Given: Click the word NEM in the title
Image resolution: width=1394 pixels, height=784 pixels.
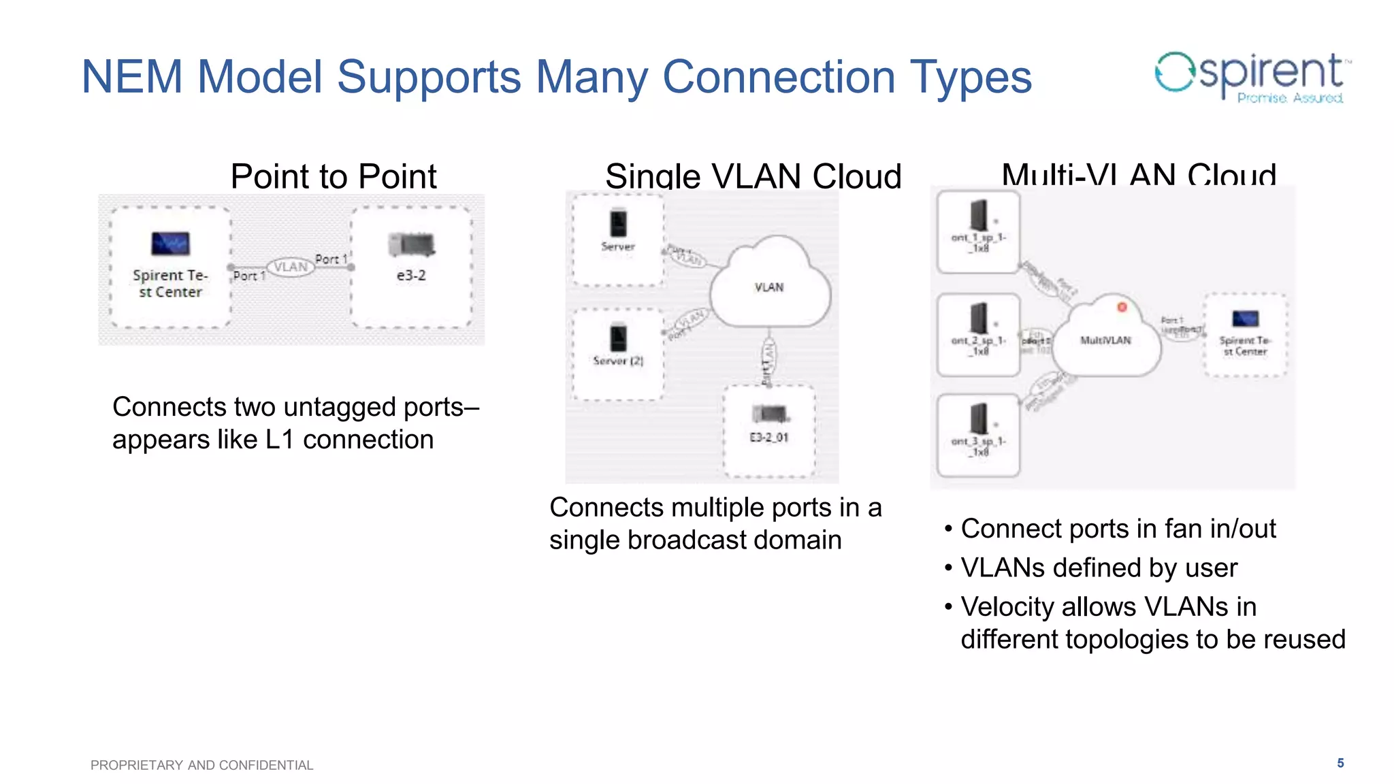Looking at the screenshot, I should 131,76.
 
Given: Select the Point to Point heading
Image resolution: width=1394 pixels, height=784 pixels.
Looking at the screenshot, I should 333,176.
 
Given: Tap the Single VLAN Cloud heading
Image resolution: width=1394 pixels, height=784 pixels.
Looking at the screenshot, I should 753,176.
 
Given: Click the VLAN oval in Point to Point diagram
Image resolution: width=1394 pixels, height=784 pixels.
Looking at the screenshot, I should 291,267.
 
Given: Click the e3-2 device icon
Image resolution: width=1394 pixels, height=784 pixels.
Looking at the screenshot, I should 411,244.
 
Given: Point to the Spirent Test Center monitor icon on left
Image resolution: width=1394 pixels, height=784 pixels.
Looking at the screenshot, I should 170,244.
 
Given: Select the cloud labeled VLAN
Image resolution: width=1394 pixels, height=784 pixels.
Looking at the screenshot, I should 769,286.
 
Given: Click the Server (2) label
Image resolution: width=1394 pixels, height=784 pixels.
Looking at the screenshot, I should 617,361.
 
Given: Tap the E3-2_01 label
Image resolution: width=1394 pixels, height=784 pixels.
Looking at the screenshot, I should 768,438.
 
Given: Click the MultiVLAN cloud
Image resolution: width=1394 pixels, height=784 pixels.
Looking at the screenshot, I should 1106,340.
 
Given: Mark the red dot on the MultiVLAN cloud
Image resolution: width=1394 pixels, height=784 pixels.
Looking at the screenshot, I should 1122,307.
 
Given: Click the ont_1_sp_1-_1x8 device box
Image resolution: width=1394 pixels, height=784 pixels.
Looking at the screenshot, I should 978,231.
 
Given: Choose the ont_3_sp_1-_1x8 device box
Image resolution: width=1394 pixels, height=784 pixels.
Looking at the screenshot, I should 978,436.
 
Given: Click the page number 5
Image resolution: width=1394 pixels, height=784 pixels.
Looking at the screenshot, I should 1340,763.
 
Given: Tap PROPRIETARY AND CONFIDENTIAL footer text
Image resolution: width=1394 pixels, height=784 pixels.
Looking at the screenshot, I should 201,765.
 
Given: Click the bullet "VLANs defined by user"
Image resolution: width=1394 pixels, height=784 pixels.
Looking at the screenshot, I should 1098,568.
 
